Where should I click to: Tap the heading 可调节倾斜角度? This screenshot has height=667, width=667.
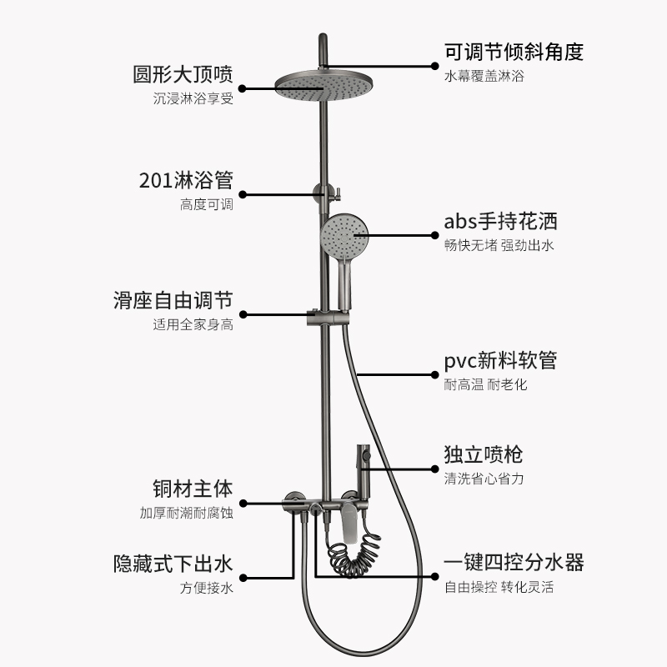click(514, 52)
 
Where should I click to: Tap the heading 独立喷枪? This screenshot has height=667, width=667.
click(484, 455)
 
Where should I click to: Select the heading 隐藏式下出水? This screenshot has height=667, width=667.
click(173, 564)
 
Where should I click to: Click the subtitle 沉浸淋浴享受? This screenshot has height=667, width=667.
click(193, 98)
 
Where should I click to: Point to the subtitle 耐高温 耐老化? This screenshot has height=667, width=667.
click(485, 384)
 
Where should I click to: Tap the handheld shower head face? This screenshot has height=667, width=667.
click(343, 235)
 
